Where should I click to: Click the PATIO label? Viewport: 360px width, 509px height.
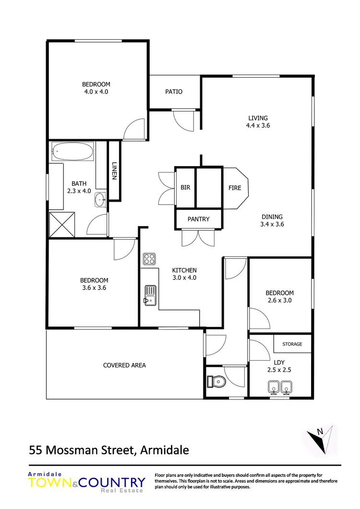click(174, 92)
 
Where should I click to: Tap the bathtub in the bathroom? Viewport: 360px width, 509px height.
click(72, 151)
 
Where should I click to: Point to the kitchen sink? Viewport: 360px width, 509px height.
click(150, 294)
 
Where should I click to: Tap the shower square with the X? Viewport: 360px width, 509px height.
click(62, 224)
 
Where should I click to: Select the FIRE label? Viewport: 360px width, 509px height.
click(235, 188)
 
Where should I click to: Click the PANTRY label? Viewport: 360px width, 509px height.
click(199, 219)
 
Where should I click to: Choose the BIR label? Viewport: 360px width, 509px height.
click(185, 188)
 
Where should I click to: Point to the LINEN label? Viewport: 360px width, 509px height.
click(114, 170)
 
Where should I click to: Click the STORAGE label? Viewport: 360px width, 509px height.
click(292, 344)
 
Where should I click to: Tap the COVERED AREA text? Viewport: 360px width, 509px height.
click(124, 365)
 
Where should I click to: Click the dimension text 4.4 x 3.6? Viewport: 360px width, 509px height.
click(258, 126)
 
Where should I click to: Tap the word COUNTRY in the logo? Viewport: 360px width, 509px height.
click(113, 483)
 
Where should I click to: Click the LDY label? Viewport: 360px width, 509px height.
click(279, 362)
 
